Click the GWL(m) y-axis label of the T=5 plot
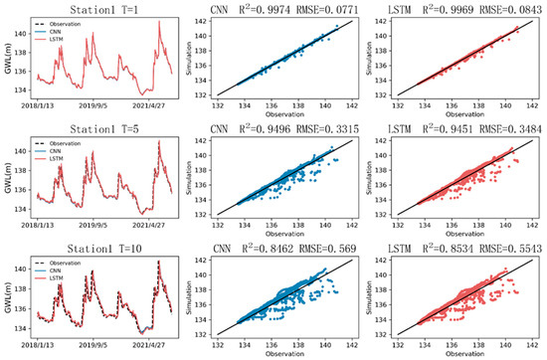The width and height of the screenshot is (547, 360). click(8, 178)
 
